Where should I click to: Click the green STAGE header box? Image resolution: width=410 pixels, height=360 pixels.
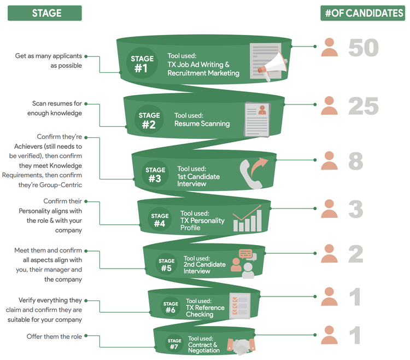(x=44, y=13)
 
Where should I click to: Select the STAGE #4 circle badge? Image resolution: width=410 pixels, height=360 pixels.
(x=160, y=220)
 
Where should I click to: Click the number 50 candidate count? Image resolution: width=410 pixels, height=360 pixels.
(x=363, y=48)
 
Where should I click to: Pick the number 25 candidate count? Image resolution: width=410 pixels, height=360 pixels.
(x=363, y=106)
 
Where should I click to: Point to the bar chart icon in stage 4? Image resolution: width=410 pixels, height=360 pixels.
(x=247, y=219)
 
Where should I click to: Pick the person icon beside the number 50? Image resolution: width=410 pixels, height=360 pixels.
(x=329, y=48)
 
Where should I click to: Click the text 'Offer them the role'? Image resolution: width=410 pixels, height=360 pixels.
(x=54, y=336)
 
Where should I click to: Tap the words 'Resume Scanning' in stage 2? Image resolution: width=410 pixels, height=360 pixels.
(x=202, y=124)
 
